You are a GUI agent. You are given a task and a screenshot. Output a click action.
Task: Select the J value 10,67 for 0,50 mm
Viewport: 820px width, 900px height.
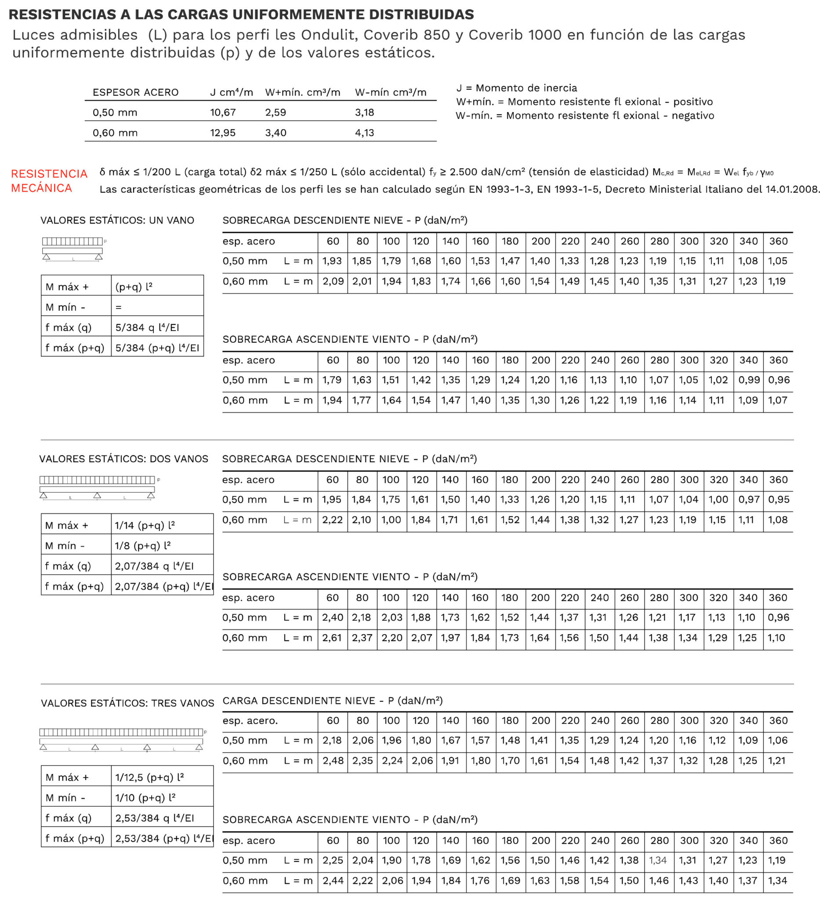tap(223, 112)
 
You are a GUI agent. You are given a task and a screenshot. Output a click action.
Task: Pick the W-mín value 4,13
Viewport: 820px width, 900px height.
tap(364, 133)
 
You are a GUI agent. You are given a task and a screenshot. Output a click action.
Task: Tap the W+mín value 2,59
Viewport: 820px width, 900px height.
tap(276, 112)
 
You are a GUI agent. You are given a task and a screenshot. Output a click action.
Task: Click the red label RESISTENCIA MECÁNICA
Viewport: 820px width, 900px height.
tap(49, 181)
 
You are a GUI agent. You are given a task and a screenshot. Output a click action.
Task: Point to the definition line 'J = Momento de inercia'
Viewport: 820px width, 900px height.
tap(516, 88)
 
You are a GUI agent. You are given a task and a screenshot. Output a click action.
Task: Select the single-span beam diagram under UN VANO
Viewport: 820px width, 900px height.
tap(73, 249)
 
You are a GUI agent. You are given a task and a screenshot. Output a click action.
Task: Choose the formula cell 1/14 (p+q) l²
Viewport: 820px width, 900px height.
tap(145, 526)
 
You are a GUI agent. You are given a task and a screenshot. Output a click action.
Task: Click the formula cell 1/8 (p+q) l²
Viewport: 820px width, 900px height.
tap(142, 545)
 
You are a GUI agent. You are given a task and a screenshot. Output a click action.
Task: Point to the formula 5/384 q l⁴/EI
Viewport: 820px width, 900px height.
tap(147, 327)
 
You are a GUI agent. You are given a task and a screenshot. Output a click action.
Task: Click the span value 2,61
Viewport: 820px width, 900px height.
tap(333, 638)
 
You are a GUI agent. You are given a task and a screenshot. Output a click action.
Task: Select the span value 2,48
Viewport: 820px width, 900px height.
tap(333, 761)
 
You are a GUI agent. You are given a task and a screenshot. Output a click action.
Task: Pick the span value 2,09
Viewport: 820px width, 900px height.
tap(333, 282)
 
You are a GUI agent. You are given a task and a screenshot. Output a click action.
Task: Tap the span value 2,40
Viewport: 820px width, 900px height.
tap(333, 617)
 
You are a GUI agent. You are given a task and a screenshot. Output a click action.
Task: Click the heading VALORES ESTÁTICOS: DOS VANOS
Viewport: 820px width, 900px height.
tap(123, 459)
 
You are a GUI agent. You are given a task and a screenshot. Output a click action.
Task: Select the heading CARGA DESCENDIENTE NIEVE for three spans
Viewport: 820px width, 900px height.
tap(333, 701)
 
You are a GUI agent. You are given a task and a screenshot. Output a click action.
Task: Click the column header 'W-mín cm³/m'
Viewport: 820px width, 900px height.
tap(391, 92)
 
